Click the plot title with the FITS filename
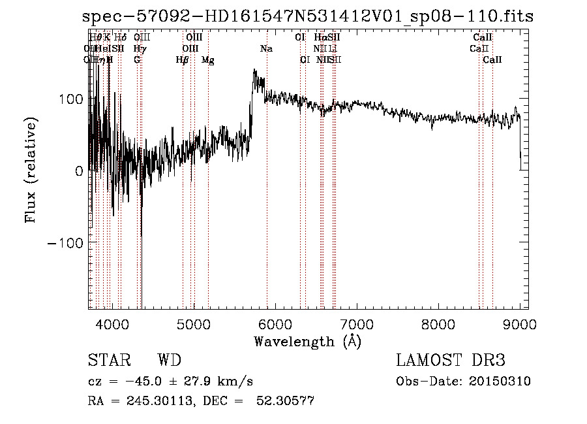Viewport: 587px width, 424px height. (309, 16)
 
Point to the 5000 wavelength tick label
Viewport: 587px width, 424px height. (194, 323)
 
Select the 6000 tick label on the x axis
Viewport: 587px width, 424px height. (275, 323)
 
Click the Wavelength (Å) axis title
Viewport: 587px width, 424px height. (307, 341)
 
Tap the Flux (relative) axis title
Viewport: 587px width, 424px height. (31, 171)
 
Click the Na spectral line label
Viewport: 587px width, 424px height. (266, 49)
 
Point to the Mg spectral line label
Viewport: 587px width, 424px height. (207, 60)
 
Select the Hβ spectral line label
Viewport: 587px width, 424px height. (182, 60)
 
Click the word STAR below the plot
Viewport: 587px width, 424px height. (108, 361)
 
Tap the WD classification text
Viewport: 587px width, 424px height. (169, 361)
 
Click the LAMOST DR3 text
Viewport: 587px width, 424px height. (451, 361)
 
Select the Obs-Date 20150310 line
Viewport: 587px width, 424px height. (463, 382)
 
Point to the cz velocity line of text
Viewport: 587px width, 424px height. (170, 382)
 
